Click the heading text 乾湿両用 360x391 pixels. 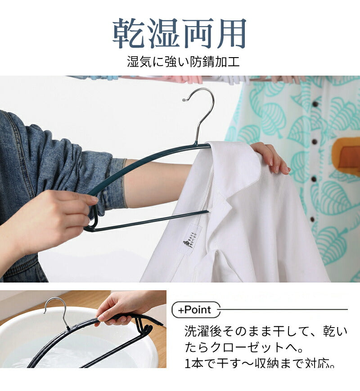[180, 33]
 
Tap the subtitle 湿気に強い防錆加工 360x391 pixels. [183, 62]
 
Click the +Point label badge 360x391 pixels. [196, 310]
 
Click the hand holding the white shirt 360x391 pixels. [270, 157]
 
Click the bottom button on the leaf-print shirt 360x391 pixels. [312, 220]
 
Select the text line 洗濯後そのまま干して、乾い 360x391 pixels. [266, 332]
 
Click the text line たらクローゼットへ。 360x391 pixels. [244, 347]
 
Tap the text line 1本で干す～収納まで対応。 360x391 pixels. [260, 363]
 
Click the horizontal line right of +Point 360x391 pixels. [283, 310]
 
